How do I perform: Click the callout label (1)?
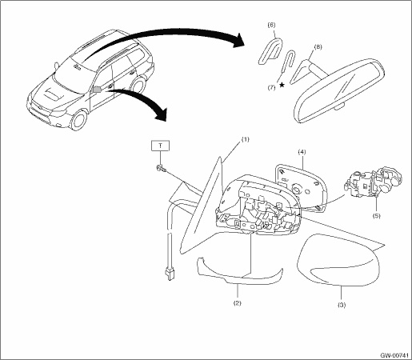245,139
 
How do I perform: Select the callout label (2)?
238,303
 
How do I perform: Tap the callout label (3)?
342,305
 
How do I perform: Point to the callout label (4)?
302,152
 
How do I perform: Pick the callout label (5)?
376,215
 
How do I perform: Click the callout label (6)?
271,25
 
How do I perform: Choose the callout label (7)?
271,87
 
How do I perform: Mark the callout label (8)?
318,47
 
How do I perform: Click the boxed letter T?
160,146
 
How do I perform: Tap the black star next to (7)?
282,85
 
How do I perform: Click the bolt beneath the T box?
160,168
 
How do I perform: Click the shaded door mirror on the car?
97,90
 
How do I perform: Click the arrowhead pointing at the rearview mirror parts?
238,41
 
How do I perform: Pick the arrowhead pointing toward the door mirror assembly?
161,115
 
